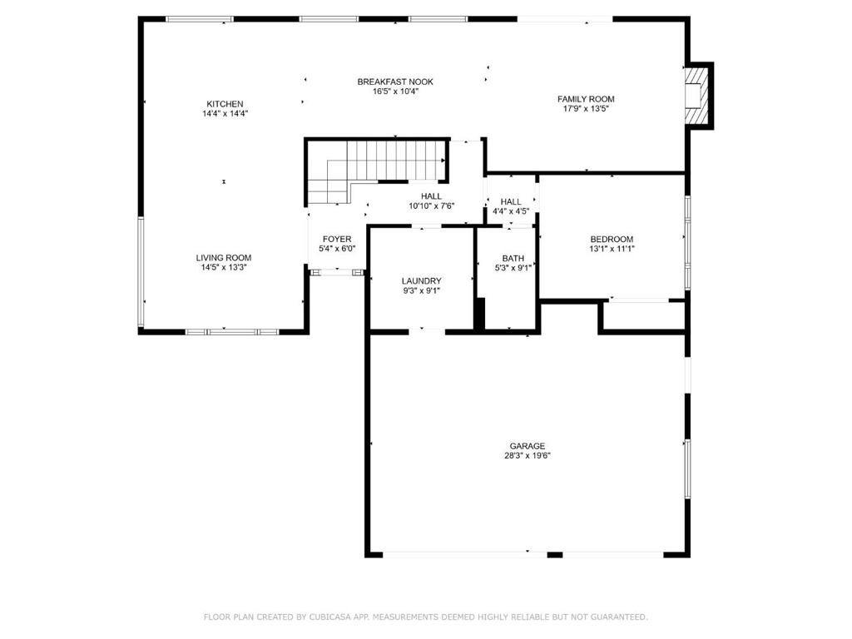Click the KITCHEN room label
[225, 104]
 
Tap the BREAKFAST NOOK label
[395, 82]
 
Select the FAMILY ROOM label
[586, 99]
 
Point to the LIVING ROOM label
[224, 258]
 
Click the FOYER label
[337, 239]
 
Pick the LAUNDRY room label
[422, 281]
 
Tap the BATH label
[513, 259]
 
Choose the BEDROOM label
[612, 239]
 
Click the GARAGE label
[527, 446]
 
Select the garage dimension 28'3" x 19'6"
[527, 456]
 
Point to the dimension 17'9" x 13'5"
[586, 109]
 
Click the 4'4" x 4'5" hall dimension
[511, 211]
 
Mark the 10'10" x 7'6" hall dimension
[432, 206]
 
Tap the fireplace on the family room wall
[698, 96]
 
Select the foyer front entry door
[337, 272]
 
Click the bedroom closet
[644, 315]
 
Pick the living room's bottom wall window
[233, 331]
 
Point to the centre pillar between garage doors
[555, 555]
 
